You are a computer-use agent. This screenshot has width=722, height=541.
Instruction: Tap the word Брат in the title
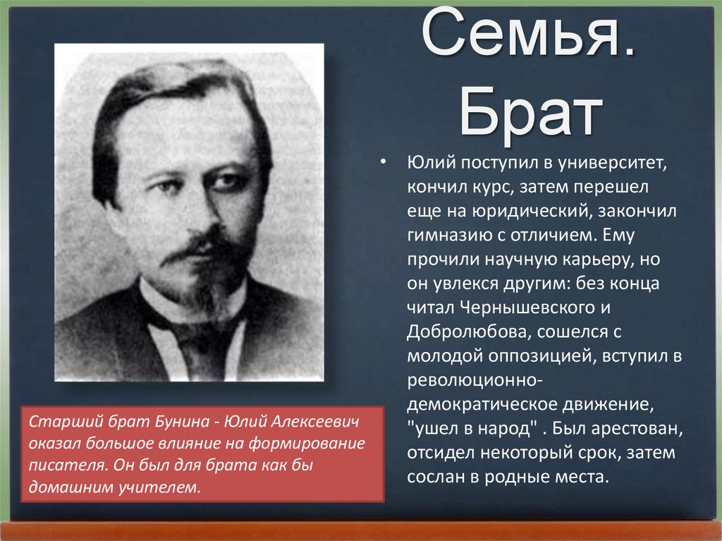point(531,114)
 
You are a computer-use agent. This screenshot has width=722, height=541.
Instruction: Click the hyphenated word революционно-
point(475,380)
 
